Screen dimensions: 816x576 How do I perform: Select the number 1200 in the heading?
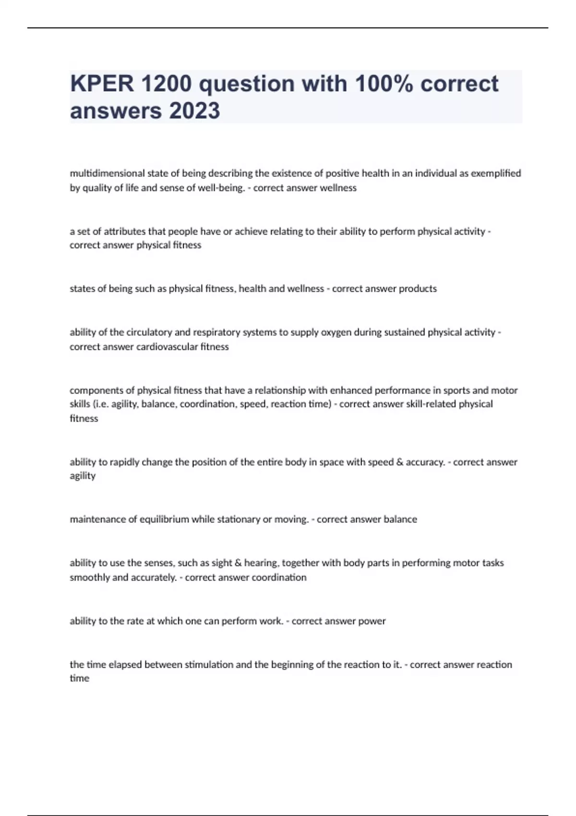pos(166,84)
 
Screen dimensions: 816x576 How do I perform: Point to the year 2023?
pos(194,111)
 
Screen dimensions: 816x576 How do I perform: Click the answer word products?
pos(415,288)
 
